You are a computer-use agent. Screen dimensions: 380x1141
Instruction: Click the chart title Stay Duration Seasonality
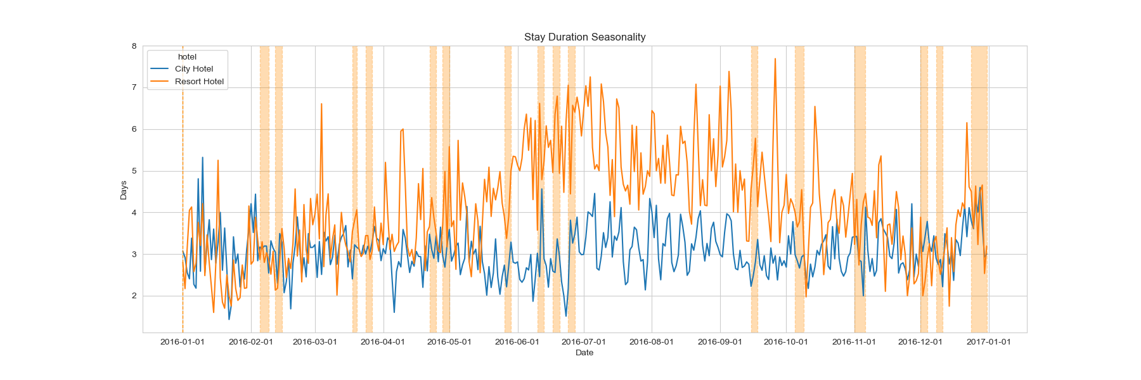(584, 37)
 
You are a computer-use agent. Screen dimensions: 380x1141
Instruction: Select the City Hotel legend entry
(193, 69)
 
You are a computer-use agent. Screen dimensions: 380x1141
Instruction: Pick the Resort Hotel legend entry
(199, 82)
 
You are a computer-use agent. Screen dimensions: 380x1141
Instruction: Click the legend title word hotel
(187, 57)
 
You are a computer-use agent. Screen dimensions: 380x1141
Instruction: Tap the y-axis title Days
(124, 190)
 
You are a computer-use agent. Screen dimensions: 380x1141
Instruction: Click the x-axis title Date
(584, 353)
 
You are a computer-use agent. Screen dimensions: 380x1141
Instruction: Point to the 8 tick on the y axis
(134, 46)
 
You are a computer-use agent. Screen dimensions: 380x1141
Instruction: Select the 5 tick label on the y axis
(134, 171)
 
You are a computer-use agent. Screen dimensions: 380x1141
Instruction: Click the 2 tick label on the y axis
(134, 296)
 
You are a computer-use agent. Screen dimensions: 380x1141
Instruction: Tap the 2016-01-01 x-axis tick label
(183, 342)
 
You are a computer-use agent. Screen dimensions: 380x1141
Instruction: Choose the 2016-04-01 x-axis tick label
(383, 342)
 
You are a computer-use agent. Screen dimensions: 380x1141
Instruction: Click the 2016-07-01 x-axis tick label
(584, 342)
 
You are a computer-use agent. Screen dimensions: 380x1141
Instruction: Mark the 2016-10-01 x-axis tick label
(786, 342)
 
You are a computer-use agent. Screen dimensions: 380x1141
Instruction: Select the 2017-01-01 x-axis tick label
(989, 342)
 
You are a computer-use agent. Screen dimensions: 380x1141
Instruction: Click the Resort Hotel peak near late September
(775, 60)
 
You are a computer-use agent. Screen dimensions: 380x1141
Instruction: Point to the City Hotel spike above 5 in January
(203, 158)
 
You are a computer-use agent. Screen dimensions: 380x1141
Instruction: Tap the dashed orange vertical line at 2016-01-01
(183, 190)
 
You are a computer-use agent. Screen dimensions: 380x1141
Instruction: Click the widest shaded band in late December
(979, 190)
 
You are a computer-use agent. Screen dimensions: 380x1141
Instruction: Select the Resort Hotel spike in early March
(321, 104)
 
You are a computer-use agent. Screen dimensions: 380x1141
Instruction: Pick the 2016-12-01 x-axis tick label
(920, 342)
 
